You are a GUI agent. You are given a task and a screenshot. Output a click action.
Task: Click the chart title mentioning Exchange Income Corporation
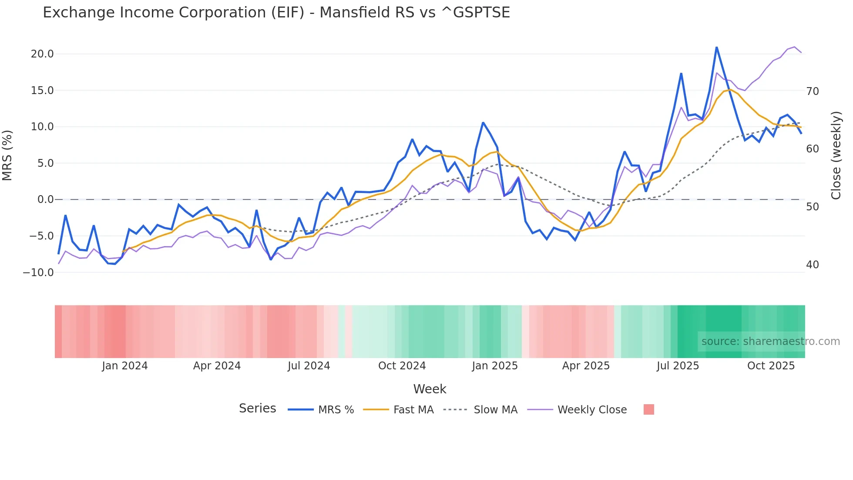[x=276, y=13]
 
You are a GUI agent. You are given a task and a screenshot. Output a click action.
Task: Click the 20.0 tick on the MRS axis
[x=42, y=54]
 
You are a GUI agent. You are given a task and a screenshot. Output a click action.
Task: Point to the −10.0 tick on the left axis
[x=38, y=273]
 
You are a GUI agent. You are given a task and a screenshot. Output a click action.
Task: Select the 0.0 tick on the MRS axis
[x=46, y=199]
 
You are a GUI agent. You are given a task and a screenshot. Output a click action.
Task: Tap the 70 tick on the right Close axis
[x=813, y=91]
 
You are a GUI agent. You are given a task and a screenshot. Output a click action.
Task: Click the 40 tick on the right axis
[x=813, y=265]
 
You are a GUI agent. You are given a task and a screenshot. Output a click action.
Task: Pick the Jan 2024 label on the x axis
[x=125, y=366]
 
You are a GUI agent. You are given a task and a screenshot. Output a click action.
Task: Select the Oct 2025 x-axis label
[x=771, y=366]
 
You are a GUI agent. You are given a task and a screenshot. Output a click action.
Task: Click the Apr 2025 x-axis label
[x=586, y=366]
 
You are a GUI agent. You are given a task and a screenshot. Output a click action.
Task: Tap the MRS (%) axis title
[x=7, y=155]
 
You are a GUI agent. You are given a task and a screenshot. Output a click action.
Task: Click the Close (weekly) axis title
[x=836, y=155]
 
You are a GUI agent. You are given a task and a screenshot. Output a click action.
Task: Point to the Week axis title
[x=430, y=389]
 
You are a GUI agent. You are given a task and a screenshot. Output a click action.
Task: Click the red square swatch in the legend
[x=649, y=409]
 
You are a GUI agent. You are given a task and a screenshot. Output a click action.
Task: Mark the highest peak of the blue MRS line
[x=716, y=47]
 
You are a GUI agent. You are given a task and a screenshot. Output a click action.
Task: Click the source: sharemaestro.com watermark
[x=770, y=341]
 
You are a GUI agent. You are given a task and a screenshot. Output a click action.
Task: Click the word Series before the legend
[x=257, y=409]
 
